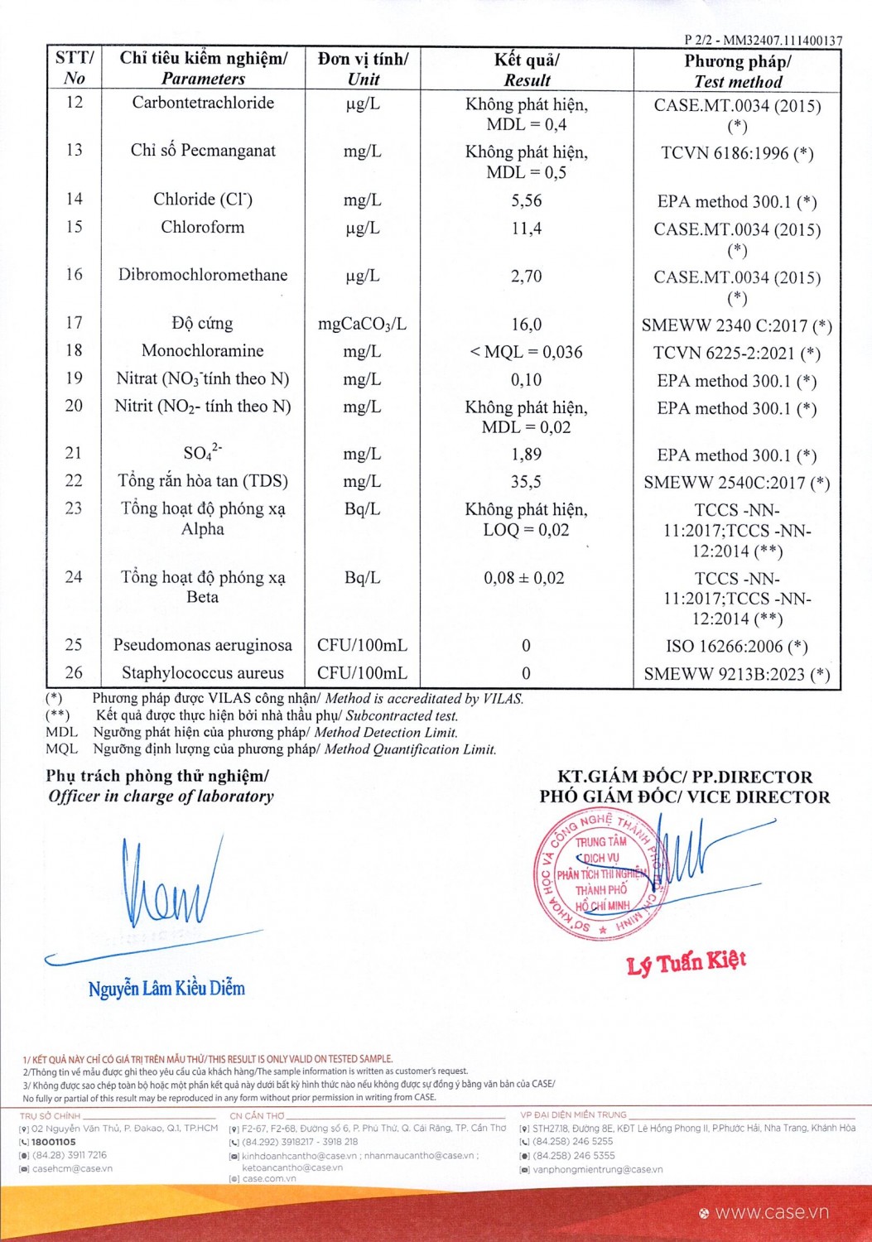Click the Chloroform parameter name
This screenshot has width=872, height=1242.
tap(202, 227)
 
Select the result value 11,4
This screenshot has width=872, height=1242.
tap(527, 229)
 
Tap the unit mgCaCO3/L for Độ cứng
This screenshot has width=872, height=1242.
tap(362, 324)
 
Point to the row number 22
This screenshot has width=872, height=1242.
tap(74, 480)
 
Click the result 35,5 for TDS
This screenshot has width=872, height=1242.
tap(527, 482)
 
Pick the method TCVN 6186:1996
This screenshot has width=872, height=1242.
tap(736, 153)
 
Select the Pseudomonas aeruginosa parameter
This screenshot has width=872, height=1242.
tap(202, 645)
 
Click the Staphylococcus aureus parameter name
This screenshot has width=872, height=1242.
tap(202, 673)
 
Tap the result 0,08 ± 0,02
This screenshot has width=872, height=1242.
tap(524, 578)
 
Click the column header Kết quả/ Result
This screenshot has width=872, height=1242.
tap(527, 70)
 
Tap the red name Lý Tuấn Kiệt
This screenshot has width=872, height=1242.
tap(687, 962)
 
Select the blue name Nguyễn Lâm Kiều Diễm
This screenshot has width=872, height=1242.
tap(166, 988)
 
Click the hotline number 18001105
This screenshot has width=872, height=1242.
tap(53, 1142)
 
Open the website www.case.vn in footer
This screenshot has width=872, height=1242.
tap(771, 1212)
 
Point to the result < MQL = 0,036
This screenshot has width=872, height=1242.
tap(527, 352)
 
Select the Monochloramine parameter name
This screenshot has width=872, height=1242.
tap(202, 351)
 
